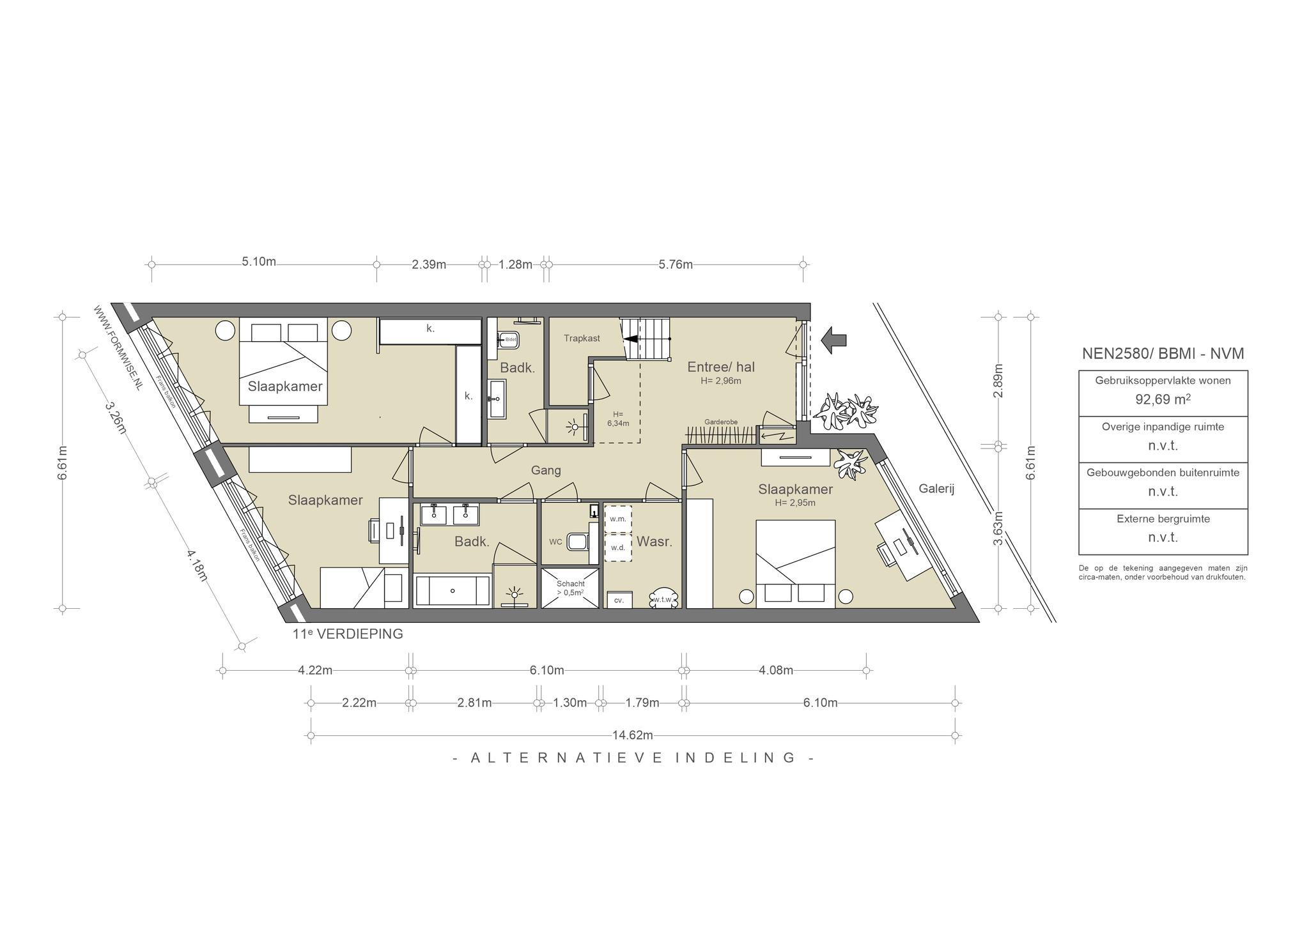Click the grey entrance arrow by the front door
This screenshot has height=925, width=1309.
coord(833,340)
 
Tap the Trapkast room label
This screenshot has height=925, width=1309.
coord(582,338)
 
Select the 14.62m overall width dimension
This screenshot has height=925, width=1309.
coord(632,735)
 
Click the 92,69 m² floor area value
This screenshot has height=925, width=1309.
coord(1163,399)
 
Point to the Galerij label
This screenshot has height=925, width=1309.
coord(936,489)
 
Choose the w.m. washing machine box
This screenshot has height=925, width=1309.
coord(617,519)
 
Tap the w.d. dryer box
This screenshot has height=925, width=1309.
coord(617,547)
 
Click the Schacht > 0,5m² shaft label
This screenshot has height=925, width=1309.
coord(570,588)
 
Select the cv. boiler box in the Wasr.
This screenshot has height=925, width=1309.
coord(619,600)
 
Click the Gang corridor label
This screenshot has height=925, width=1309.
coord(546,471)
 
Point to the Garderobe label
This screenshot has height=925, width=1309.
coord(721,422)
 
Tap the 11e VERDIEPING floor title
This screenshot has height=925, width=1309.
coord(348,634)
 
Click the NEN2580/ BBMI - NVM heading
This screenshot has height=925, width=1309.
coord(1163,353)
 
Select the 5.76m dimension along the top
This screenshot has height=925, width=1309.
coord(676,264)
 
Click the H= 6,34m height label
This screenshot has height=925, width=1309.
coord(617,418)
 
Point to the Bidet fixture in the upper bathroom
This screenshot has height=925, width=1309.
coord(508,339)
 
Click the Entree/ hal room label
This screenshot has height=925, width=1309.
coord(721,367)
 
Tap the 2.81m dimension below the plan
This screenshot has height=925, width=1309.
coord(474,703)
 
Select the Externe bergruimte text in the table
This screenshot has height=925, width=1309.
coord(1163,519)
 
